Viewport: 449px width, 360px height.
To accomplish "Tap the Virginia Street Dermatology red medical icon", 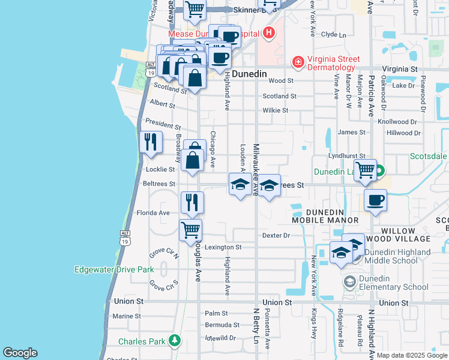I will pyautogui.click(x=297, y=62).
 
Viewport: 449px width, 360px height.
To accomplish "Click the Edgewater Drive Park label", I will pyautogui.click(x=114, y=269).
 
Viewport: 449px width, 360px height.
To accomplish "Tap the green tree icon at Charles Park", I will pyautogui.click(x=175, y=341).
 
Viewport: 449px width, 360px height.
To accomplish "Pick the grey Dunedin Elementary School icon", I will pyautogui.click(x=349, y=281).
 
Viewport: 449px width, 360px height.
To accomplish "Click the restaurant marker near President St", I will pyautogui.click(x=150, y=142).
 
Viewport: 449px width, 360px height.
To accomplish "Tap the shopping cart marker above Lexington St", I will pyautogui.click(x=191, y=230).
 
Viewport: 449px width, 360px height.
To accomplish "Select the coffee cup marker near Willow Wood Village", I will pyautogui.click(x=375, y=200).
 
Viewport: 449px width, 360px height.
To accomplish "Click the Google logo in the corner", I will pyautogui.click(x=20, y=352).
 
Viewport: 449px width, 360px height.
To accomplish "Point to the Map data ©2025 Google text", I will pyautogui.click(x=412, y=355).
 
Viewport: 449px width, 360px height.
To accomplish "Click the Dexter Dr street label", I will pyautogui.click(x=276, y=236).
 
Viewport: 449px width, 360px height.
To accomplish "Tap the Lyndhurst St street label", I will pyautogui.click(x=347, y=156).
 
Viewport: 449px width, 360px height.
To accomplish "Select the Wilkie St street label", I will pyautogui.click(x=276, y=110).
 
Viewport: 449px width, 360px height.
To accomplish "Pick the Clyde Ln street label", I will pyautogui.click(x=334, y=35).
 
